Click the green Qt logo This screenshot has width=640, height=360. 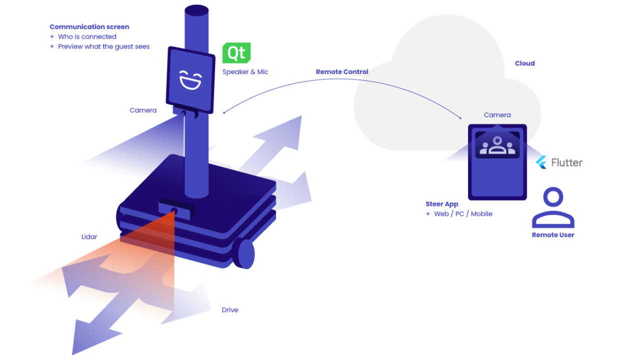tap(236, 53)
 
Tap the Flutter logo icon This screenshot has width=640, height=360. tap(541, 162)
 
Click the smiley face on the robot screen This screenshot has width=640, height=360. tap(191, 80)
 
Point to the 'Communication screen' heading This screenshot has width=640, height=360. tap(89, 27)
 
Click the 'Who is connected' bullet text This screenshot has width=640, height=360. tap(87, 36)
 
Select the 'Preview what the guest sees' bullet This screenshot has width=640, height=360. tap(103, 46)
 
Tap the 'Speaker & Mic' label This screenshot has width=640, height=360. tap(245, 72)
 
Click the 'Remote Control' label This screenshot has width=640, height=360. tap(342, 72)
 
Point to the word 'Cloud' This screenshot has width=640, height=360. tap(524, 63)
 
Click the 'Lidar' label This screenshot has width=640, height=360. tap(89, 236)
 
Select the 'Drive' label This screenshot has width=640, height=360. tap(229, 310)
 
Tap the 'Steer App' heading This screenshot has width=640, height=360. tap(441, 204)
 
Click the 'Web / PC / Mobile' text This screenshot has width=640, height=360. tap(463, 214)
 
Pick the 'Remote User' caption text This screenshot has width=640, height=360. tap(552, 235)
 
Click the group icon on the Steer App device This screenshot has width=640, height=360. tap(497, 145)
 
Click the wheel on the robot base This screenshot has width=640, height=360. tap(246, 253)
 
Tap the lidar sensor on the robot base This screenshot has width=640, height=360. tap(174, 209)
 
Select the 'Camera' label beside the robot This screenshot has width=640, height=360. tap(143, 110)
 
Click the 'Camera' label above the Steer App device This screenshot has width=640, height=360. tap(497, 115)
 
